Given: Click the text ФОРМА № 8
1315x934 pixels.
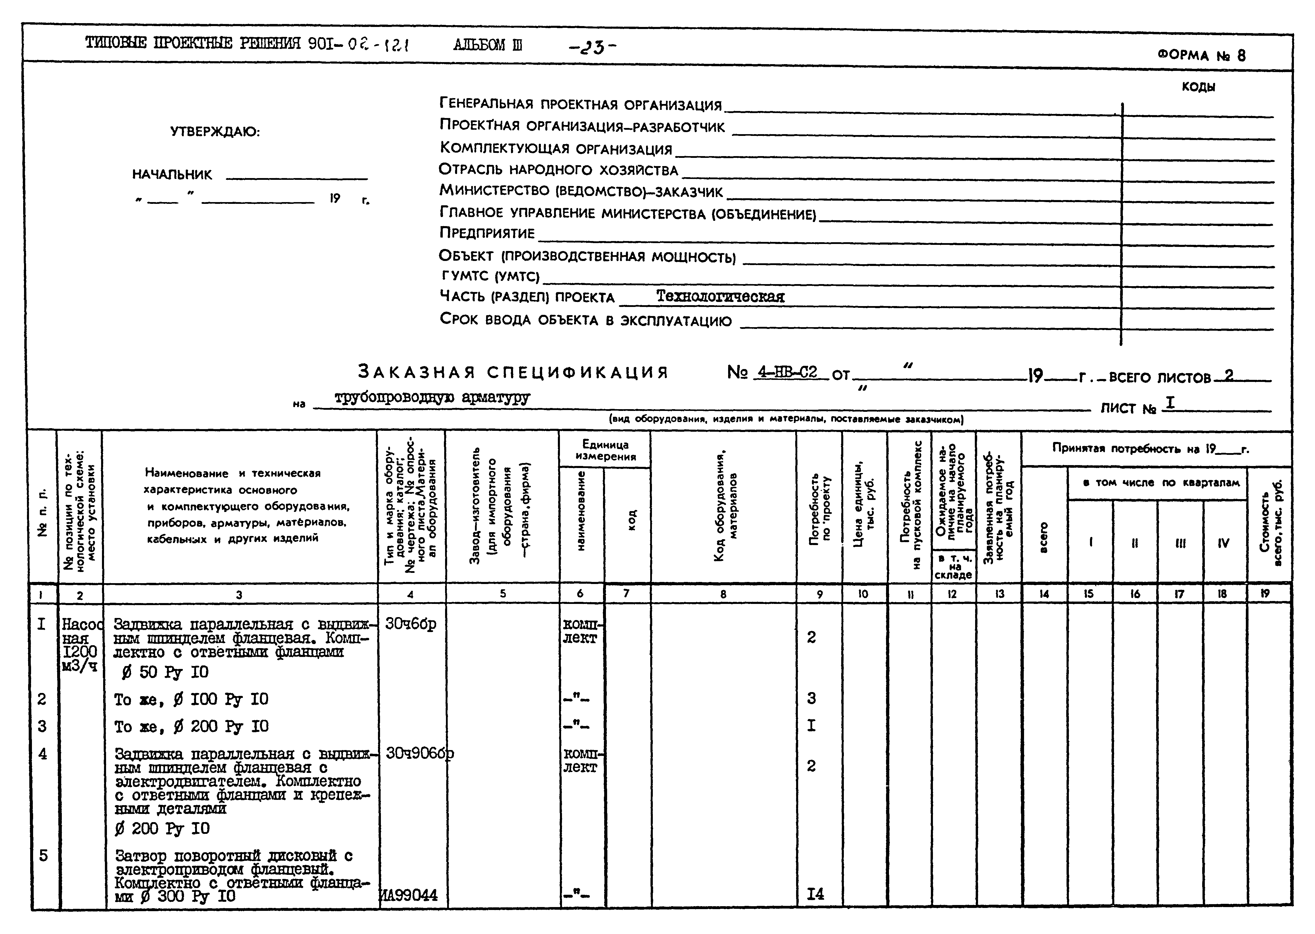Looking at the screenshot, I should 1201,56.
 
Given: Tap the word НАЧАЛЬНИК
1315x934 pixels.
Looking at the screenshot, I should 172,175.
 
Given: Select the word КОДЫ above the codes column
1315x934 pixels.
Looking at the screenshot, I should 1198,87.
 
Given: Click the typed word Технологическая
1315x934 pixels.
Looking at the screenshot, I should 720,297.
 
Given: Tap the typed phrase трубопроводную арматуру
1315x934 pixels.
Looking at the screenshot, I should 432,397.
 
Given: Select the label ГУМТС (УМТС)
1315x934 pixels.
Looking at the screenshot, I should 489,277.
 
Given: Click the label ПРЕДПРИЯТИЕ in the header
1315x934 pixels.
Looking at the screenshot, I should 487,233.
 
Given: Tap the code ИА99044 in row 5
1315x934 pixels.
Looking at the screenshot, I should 410,895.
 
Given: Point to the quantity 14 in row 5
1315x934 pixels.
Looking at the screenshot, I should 816,894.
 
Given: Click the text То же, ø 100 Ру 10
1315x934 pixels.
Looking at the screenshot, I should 191,699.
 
